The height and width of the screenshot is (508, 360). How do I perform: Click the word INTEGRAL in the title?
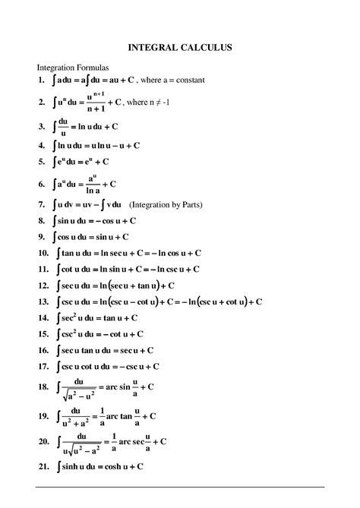tap(151, 48)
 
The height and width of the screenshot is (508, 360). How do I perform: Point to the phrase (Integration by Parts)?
tap(166, 205)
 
